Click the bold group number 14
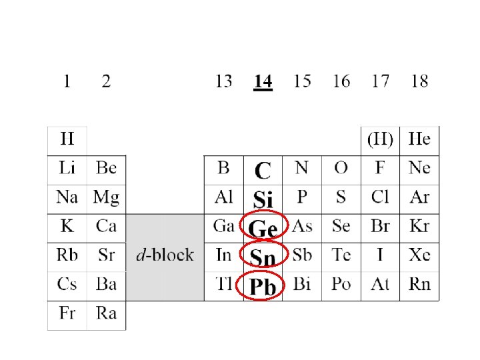pyautogui.click(x=263, y=82)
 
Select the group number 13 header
pyautogui.click(x=223, y=81)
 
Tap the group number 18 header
pyautogui.click(x=419, y=81)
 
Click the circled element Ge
pyautogui.click(x=263, y=229)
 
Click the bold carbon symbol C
pyautogui.click(x=263, y=171)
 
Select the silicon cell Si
pyautogui.click(x=263, y=199)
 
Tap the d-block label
pyautogui.click(x=165, y=255)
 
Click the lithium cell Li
pyautogui.click(x=67, y=167)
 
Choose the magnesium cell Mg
pyautogui.click(x=106, y=197)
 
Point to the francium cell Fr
pyautogui.click(x=67, y=313)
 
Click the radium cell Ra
pyautogui.click(x=106, y=313)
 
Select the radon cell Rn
pyautogui.click(x=419, y=284)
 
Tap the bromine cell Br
pyautogui.click(x=380, y=226)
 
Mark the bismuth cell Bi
pyautogui.click(x=302, y=284)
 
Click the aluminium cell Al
pyautogui.click(x=223, y=197)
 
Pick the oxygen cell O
pyautogui.click(x=341, y=167)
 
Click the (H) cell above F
pyautogui.click(x=380, y=139)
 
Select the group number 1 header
pyautogui.click(x=67, y=81)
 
